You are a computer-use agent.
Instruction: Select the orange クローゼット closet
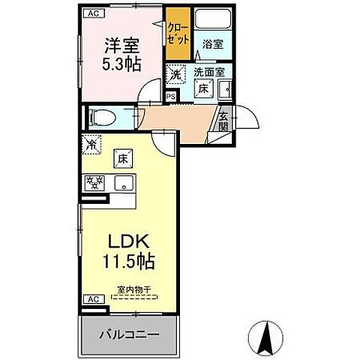(x=178, y=33)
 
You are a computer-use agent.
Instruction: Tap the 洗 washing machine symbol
(x=174, y=73)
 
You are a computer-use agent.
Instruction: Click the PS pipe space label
(x=170, y=96)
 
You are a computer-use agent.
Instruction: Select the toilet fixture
(x=100, y=117)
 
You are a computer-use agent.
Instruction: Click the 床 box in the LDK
(x=123, y=158)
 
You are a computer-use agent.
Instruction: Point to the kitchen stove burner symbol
(x=94, y=182)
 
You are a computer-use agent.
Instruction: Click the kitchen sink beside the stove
(x=121, y=182)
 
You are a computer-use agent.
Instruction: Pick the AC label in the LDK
(x=92, y=298)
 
